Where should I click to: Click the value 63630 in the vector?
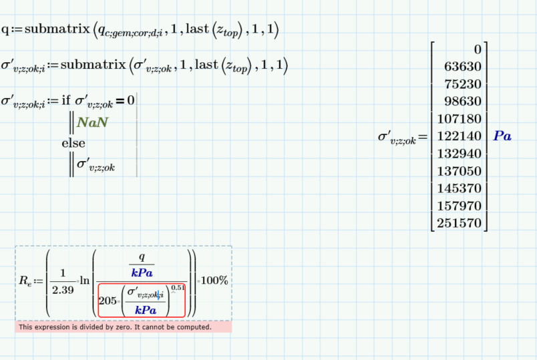(463, 67)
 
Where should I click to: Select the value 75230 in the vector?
(463, 84)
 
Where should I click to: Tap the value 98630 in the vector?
(463, 102)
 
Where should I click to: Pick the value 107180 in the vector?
(460, 119)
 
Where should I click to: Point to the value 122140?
(460, 136)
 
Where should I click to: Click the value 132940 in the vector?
(460, 154)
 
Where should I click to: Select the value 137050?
(460, 171)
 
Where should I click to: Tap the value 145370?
(460, 188)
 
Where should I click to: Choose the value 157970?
(460, 206)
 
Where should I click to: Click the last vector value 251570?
(460, 223)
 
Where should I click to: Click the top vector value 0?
(477, 49)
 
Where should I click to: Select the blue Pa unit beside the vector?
(502, 136)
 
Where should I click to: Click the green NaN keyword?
(92, 122)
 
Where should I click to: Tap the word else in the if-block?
(73, 143)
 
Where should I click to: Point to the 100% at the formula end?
(214, 281)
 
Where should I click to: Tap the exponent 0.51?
(178, 288)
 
